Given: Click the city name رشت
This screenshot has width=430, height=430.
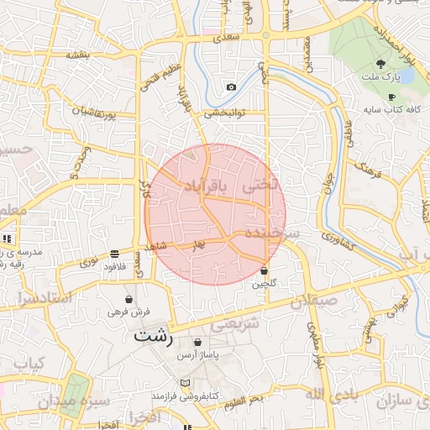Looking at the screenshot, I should pos(153,337).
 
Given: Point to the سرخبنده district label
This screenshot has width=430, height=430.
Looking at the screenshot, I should pos(273,231).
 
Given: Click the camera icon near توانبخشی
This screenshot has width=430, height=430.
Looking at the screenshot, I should pos(231,87).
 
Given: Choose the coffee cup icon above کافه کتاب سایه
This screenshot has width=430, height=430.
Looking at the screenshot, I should pos(391,97).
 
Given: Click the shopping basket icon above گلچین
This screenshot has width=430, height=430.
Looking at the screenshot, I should pos(265,271).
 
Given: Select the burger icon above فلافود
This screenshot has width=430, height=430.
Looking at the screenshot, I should pos(114,254).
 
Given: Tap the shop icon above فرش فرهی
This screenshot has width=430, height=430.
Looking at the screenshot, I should pos(128,298).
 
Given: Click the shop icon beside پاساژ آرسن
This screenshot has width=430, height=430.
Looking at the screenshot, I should pos(197,342).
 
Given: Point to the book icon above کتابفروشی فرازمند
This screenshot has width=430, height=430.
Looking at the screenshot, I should pos(185,382).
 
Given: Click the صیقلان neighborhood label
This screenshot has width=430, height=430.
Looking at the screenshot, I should pos(314,300).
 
